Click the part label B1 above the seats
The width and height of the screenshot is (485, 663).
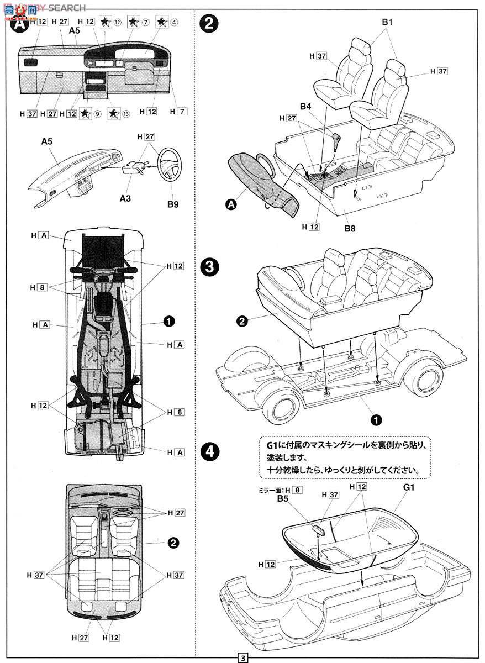[x=387, y=23]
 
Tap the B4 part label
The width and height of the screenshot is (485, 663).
[x=305, y=106]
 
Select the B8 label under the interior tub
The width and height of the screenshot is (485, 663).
[x=350, y=228]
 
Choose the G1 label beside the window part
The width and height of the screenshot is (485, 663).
[x=409, y=488]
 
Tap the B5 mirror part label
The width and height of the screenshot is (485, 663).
[x=283, y=498]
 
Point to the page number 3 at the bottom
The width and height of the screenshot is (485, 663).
[x=242, y=658]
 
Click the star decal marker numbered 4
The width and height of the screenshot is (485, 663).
[x=162, y=22]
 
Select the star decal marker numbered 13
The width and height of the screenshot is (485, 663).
[x=113, y=114]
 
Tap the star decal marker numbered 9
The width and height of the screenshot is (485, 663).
[x=85, y=114]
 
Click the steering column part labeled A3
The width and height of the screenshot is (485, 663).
[x=133, y=167]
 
